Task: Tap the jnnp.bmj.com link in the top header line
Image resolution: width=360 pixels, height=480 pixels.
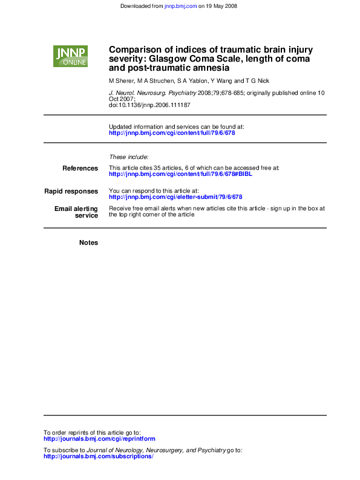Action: tap(180, 6)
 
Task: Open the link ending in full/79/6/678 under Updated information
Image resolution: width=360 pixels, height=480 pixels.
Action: tap(172, 132)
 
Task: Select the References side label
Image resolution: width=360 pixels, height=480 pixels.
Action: tap(80, 168)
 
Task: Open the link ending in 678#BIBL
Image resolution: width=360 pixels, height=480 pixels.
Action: tap(180, 174)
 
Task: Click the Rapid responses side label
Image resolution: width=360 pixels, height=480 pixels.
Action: tap(71, 191)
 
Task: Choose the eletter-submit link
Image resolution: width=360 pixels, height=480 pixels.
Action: tap(175, 197)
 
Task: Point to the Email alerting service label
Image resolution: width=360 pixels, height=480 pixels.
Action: tap(76, 212)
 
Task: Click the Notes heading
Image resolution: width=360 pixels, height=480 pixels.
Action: tap(88, 242)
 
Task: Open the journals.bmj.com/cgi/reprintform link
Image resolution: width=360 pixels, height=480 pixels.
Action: tap(99, 439)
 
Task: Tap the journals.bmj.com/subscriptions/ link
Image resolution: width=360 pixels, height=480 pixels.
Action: tap(99, 456)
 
